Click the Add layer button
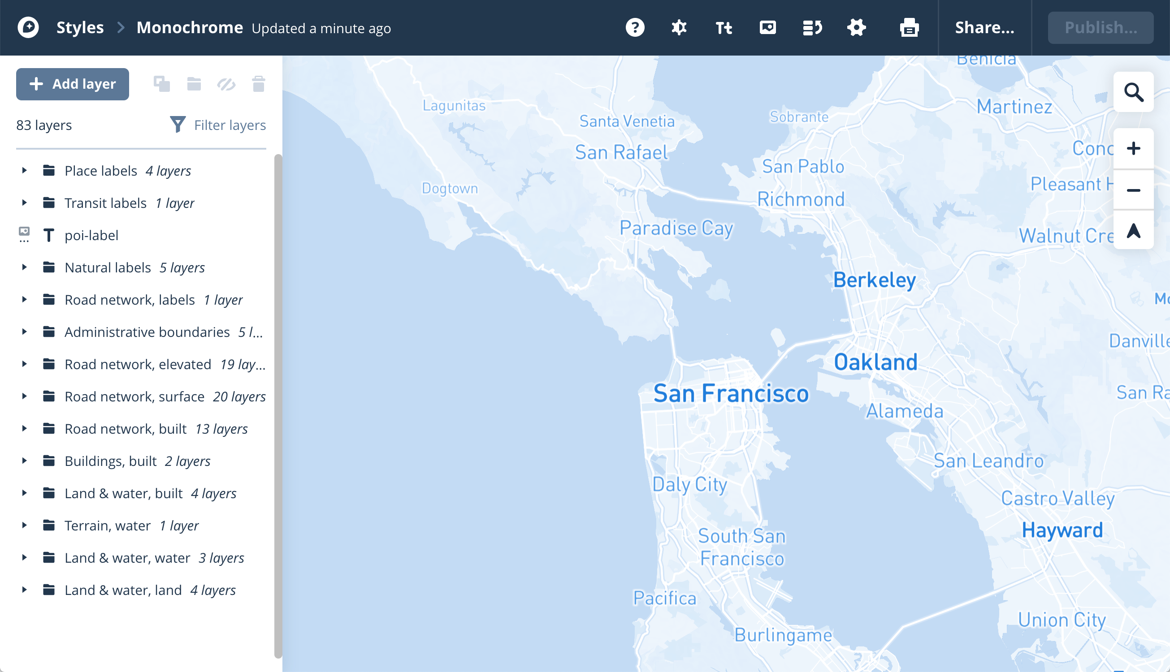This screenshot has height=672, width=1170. point(73,84)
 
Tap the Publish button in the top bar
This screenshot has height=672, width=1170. point(1100,28)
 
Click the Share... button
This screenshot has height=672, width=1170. point(984,28)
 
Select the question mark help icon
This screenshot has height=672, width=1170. point(635,28)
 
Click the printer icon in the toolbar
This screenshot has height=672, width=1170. point(909,28)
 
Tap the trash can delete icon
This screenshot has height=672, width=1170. point(259,84)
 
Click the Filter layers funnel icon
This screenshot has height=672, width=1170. point(178,125)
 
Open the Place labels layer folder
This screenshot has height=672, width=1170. point(101,171)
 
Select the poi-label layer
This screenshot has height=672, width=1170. point(91,235)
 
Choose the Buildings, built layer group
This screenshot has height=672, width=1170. point(111,461)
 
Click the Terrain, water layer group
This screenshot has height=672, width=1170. point(108,526)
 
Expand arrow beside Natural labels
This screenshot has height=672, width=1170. point(25,268)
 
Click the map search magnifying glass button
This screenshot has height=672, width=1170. point(1133,92)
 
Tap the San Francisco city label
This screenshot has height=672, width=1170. point(731,394)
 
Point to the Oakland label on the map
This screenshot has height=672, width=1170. point(875,362)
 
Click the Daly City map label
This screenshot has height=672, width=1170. point(689,485)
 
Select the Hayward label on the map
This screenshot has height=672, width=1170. point(1062,530)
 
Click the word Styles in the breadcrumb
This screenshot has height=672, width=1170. point(80,28)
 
